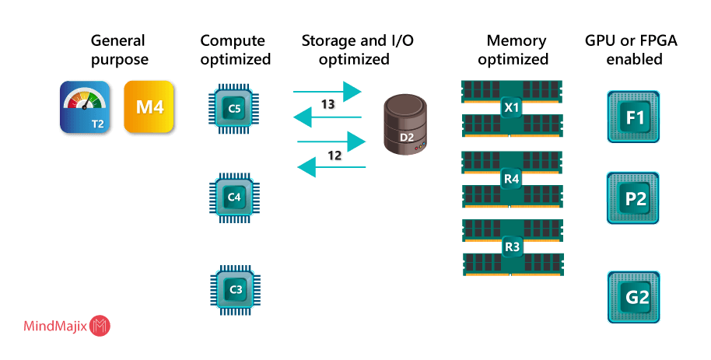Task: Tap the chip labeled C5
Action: tap(235, 109)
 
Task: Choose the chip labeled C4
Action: tap(235, 197)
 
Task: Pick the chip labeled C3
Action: tap(235, 289)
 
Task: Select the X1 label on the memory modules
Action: tap(512, 107)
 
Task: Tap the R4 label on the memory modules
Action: tap(512, 179)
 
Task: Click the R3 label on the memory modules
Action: tap(512, 246)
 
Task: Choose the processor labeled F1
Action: tap(634, 117)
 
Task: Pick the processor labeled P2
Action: tap(634, 199)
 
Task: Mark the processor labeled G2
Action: tap(634, 297)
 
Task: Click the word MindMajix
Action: tap(54, 327)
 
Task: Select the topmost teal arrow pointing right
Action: tap(327, 91)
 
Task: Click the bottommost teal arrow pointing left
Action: tap(332, 166)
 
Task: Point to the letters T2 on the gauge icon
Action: tap(98, 123)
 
